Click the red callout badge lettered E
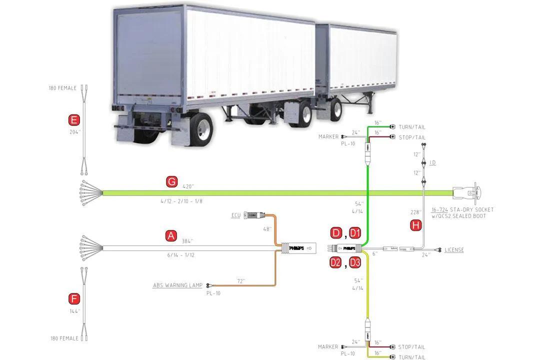(x=73, y=120)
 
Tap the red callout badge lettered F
(x=74, y=298)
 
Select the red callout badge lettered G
(x=171, y=181)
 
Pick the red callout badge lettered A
(x=171, y=236)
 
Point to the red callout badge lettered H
(x=416, y=225)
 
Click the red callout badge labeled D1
(x=355, y=233)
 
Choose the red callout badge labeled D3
(x=355, y=262)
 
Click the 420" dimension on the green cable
(x=188, y=186)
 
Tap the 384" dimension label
(x=187, y=241)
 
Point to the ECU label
(x=236, y=215)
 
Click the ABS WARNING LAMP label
(x=177, y=285)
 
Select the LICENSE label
(x=454, y=250)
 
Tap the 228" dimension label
(x=415, y=212)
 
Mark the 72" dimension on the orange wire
(x=241, y=281)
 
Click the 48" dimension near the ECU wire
(x=267, y=229)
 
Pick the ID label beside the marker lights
(x=432, y=162)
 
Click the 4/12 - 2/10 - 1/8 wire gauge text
(x=181, y=201)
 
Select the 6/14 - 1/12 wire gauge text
(x=181, y=255)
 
